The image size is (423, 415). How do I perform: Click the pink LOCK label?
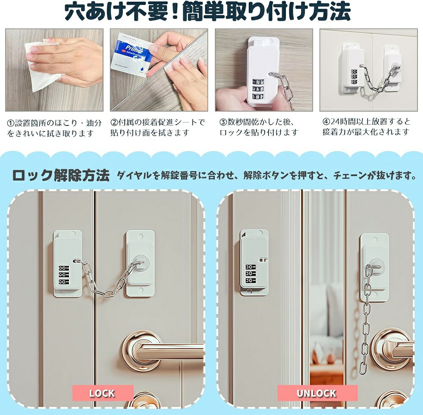[x=103, y=393]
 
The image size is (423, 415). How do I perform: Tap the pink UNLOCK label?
[x=317, y=393]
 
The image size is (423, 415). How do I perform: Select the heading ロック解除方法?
[x=61, y=175]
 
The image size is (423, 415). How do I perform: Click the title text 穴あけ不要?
[x=117, y=11]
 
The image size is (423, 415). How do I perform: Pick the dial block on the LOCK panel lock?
[x=64, y=275]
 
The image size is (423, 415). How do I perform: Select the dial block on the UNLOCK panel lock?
[x=250, y=274]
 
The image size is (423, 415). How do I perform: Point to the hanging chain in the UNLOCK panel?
[x=365, y=321]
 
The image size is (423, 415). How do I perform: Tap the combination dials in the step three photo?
[x=258, y=88]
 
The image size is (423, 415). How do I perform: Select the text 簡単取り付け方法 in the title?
[x=266, y=11]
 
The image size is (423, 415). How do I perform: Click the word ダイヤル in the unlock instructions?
[x=134, y=175]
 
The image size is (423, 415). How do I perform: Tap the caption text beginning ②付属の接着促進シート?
[x=157, y=127]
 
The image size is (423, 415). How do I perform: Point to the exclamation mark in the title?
[x=176, y=11]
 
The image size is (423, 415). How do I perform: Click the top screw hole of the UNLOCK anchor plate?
[x=374, y=239]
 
